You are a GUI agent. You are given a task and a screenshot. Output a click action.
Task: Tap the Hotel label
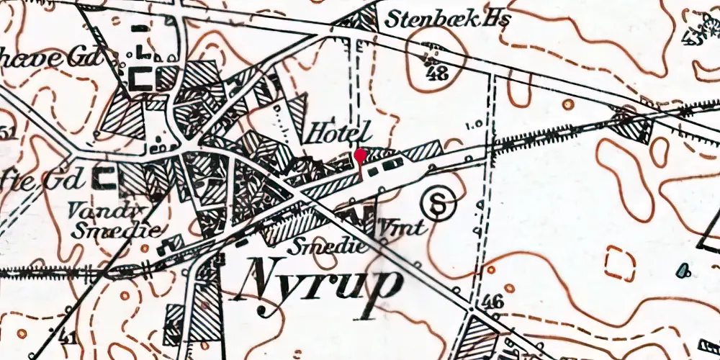point(339,132)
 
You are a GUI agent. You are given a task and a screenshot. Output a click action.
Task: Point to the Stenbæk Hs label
point(446,20)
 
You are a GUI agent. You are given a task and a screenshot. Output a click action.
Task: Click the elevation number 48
point(435,73)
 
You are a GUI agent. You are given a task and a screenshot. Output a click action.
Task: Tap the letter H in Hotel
point(318,132)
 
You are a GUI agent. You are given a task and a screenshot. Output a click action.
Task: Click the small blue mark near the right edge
point(682,271)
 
